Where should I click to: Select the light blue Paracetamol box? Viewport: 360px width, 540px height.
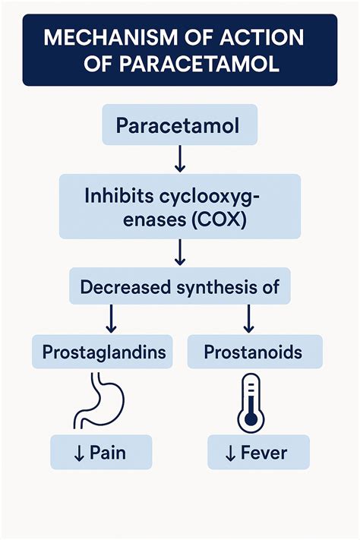click(178, 125)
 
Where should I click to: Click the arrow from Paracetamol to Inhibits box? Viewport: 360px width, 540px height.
click(179, 159)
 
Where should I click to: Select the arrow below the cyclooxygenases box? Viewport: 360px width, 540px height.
click(179, 252)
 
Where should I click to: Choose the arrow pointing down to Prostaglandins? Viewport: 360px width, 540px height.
click(111, 319)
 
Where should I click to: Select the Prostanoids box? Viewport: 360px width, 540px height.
click(254, 352)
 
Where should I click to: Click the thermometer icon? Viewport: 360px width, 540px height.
click(250, 403)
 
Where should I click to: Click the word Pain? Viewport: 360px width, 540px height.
click(107, 453)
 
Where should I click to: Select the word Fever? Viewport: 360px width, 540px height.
click(264, 453)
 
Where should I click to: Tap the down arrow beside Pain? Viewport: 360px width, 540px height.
click(79, 453)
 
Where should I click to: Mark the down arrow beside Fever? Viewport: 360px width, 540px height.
click(231, 453)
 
